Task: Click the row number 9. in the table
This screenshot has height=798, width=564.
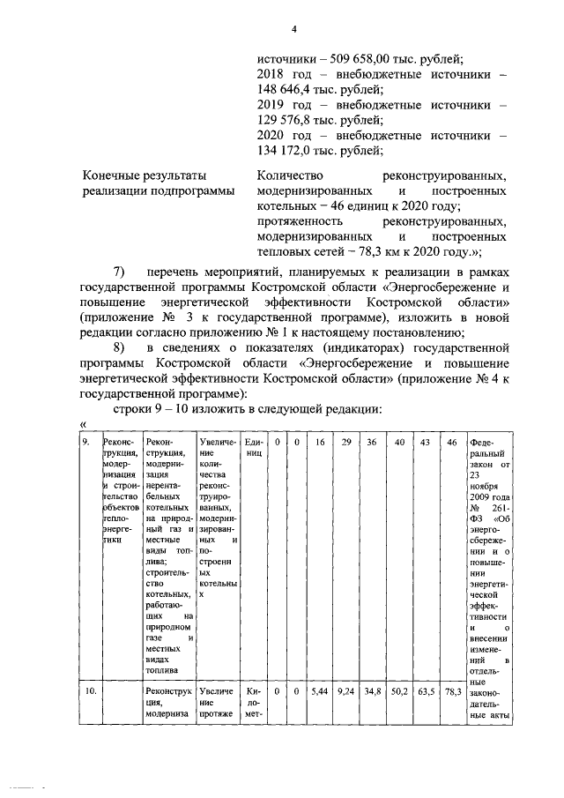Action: point(87,442)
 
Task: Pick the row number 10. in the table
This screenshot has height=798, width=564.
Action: point(89,692)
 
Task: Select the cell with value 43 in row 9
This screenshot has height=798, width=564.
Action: point(426,442)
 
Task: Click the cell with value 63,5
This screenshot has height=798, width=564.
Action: point(426,692)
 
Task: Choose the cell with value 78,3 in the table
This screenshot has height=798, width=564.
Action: point(453,692)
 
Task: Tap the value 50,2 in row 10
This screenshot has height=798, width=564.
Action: point(399,692)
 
